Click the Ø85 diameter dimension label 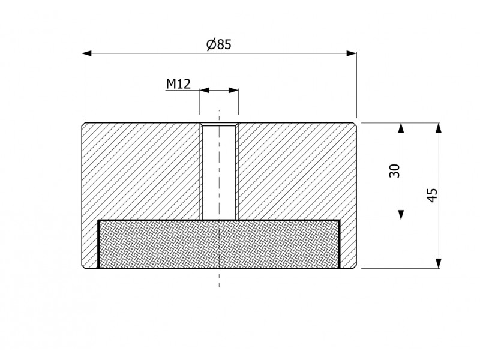point(219,44)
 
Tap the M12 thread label point(178,84)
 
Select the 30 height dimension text point(395,171)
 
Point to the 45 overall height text point(432,196)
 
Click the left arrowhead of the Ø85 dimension point(87,53)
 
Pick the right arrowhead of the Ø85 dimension point(352,53)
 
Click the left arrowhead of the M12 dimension point(205,91)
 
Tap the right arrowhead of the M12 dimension point(233,91)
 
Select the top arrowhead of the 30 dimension point(401,128)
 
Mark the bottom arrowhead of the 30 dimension point(401,215)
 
